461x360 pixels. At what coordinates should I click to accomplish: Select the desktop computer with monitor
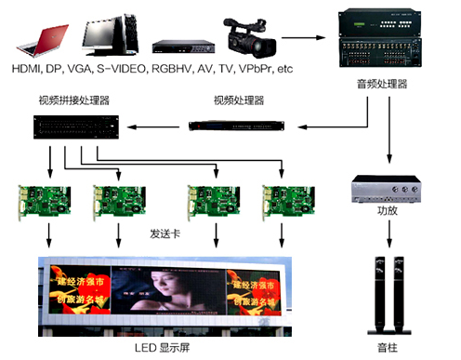[109, 33]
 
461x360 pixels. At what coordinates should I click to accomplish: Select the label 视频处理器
[239, 100]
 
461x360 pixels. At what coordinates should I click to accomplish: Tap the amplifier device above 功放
[383, 189]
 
